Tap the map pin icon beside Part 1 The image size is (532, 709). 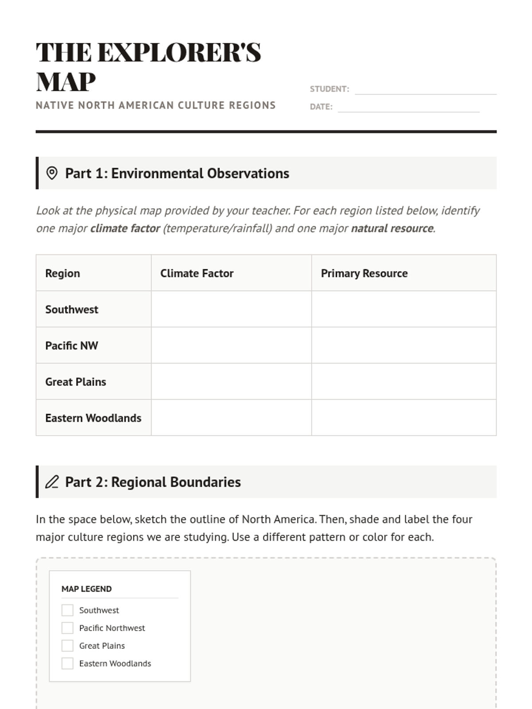52,173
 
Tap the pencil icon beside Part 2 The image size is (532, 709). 52,482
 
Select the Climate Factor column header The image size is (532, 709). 197,273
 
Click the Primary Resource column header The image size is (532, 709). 364,273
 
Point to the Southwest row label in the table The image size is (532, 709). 72,309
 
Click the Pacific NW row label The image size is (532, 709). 72,346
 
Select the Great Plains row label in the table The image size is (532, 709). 76,382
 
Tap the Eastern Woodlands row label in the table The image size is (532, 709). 93,418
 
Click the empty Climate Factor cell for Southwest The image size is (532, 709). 231,309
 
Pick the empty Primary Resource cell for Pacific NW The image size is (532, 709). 403,346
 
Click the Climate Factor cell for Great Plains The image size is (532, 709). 231,382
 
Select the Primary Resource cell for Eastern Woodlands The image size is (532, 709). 403,418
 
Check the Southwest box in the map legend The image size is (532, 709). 67,610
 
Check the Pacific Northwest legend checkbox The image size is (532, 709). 67,628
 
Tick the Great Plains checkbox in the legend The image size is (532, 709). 67,646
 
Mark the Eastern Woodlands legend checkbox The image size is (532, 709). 67,663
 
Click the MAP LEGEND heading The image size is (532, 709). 86,589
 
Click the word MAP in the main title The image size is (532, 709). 66,82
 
